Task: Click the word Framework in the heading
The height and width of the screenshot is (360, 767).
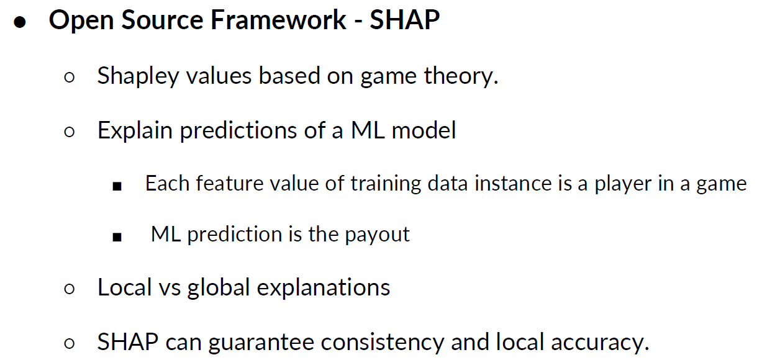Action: [278, 19]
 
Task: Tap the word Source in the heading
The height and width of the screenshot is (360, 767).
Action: [162, 19]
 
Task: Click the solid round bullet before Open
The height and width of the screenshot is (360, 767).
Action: [19, 22]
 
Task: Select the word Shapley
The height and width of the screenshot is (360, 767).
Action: [138, 76]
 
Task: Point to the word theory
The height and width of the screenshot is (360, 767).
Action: [461, 76]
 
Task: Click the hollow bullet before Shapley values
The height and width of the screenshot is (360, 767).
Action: [69, 77]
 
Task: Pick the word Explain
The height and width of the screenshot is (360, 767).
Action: [135, 131]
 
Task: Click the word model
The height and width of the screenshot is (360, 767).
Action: [424, 130]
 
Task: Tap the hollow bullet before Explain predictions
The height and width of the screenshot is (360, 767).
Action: [69, 132]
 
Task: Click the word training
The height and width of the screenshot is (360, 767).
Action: [386, 184]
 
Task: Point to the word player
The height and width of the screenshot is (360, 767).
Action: [623, 184]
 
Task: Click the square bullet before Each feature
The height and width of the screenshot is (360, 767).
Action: [117, 186]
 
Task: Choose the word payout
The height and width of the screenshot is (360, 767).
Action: [377, 235]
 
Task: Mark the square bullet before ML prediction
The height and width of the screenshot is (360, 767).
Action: [117, 237]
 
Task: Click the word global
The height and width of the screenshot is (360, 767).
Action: [219, 287]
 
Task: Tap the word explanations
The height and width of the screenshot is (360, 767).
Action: [324, 287]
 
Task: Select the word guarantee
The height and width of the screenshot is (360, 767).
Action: [261, 343]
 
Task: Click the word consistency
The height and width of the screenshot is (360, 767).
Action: [382, 343]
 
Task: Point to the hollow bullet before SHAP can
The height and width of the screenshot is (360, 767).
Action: [69, 343]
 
